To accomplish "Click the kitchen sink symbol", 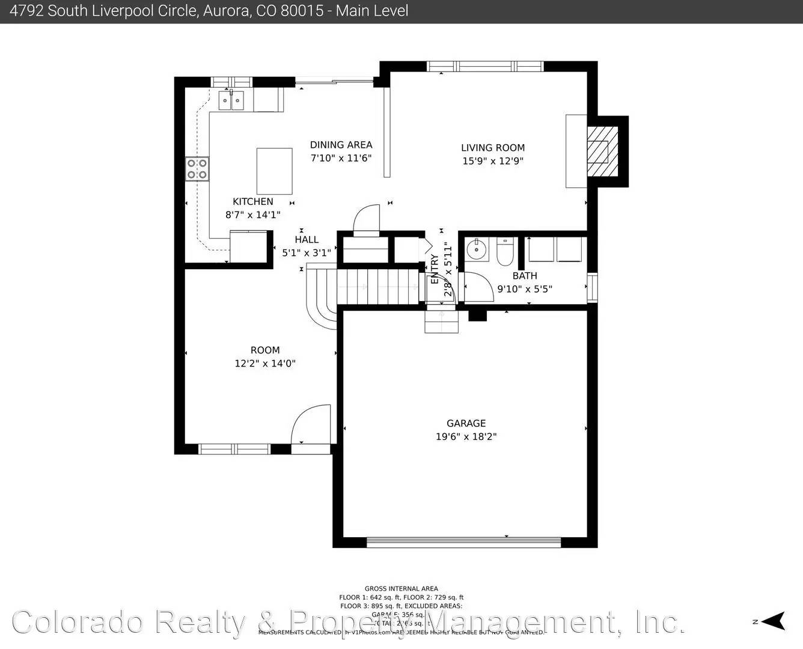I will tap(231, 100).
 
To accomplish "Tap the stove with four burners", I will tap(197, 168).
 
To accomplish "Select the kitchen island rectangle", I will tap(274, 171).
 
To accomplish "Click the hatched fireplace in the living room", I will tap(602, 151).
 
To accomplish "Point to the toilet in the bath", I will tap(504, 252).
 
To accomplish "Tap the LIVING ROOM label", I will tap(493, 148).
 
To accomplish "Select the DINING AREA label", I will tap(341, 145).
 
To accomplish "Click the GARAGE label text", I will tap(466, 424).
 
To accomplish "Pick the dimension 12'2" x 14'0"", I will tap(265, 364).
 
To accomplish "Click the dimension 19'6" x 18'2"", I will tap(466, 437).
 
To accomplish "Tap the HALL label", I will tap(307, 240).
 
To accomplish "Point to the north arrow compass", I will tap(775, 621).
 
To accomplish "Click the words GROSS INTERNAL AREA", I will tap(401, 589).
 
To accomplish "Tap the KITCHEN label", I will tap(253, 202).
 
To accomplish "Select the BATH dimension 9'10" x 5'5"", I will tap(524, 289).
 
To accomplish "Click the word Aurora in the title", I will tap(224, 11).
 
